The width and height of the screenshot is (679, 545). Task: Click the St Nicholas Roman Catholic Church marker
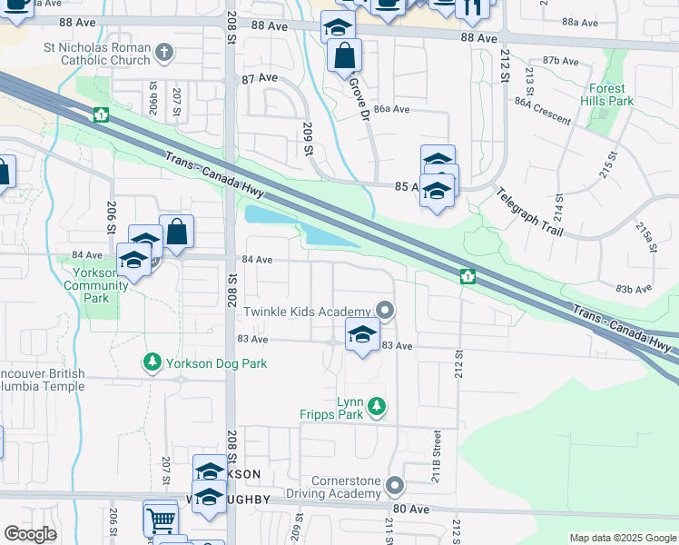(164, 53)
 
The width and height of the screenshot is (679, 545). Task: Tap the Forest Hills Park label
(607, 95)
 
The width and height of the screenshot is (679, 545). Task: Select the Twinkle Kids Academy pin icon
(386, 312)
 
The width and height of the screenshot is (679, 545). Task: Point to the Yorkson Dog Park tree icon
(152, 363)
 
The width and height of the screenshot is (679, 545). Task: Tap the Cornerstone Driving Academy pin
(395, 486)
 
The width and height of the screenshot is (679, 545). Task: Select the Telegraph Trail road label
(530, 213)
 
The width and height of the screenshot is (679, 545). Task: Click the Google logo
(30, 533)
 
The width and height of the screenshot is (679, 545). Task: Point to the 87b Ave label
(560, 62)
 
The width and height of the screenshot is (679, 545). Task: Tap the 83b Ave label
(634, 289)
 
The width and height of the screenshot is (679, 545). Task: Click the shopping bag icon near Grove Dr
(344, 56)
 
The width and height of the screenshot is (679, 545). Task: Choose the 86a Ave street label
(392, 109)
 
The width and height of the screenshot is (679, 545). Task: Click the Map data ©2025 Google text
(622, 538)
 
